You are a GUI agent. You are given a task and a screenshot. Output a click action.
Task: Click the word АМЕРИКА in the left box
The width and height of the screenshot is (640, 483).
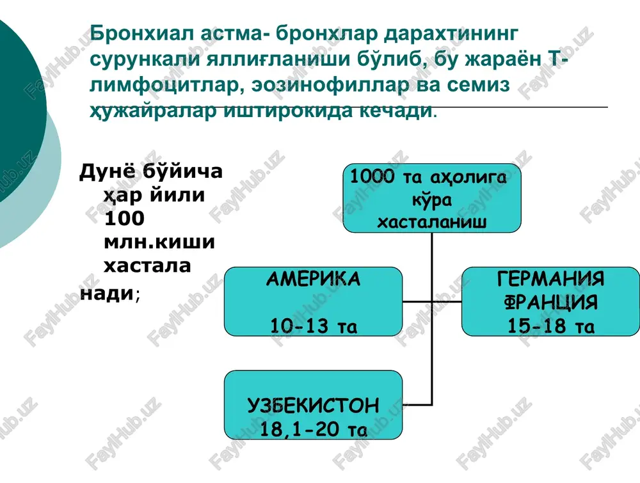coord(313,279)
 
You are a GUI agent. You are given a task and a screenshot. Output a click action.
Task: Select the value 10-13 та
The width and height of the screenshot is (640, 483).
coord(314,326)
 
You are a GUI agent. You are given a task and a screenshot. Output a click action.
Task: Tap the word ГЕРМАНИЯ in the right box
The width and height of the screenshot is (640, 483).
coord(550,279)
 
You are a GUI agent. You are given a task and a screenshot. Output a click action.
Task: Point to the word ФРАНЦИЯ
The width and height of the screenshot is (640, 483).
coord(550,303)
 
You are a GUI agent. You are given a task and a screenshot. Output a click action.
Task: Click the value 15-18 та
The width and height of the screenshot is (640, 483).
coord(550,326)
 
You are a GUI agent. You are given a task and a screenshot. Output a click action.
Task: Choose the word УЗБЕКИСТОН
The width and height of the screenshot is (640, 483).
coord(313,406)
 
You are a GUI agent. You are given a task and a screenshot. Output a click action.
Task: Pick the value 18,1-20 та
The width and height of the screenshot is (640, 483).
coord(314,429)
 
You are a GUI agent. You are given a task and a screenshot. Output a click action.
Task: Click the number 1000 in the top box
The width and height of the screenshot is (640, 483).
coord(372,176)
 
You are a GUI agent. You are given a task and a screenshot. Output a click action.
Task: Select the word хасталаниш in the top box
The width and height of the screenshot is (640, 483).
coord(432,223)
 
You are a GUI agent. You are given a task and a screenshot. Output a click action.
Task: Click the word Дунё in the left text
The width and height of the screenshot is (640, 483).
coord(107,171)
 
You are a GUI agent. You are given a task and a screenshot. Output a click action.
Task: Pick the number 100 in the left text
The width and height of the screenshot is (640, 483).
coord(124,218)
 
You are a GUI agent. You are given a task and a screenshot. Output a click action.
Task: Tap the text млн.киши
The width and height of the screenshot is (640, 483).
coord(159,242)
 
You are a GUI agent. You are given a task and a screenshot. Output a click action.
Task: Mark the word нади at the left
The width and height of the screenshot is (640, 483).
coord(106,293)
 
